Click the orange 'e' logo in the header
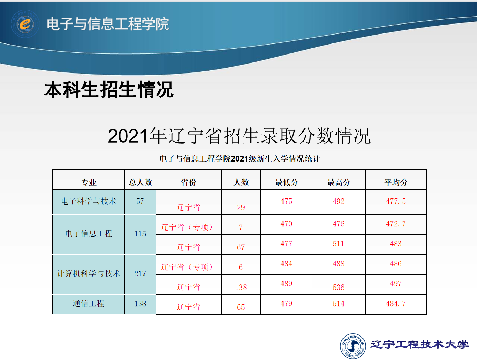[25, 24]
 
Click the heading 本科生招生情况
[109, 89]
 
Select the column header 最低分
[286, 182]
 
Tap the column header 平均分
[396, 182]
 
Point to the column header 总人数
[140, 182]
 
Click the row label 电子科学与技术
[89, 201]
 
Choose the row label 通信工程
[88, 303]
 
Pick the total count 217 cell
[140, 273]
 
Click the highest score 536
[338, 287]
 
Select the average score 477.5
[396, 201]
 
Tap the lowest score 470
[286, 224]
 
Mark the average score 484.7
[396, 303]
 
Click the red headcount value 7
[241, 227]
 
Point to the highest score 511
[338, 244]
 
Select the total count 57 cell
[140, 201]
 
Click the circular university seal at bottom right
[353, 346]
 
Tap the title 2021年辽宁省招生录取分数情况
[239, 136]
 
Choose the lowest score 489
[286, 283]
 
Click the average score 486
[396, 264]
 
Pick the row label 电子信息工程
[89, 234]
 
